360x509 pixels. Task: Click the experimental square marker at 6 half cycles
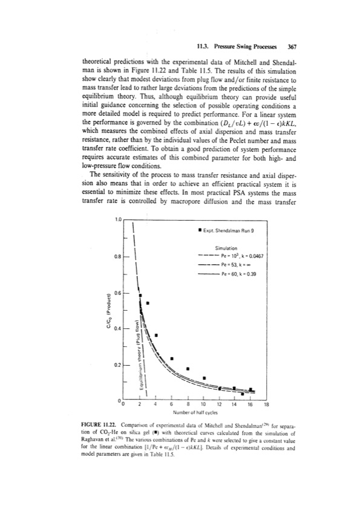pyautogui.click(x=172, y=358)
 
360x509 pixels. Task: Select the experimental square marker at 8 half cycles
pyautogui.click(x=188, y=368)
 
